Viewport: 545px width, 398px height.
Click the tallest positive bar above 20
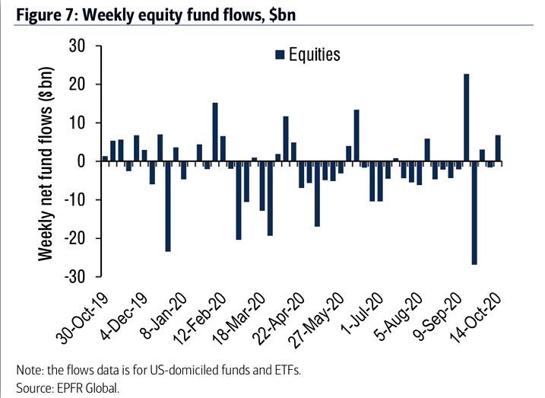point(467,117)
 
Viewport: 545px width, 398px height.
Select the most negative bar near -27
point(474,213)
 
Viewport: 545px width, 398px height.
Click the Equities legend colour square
point(279,54)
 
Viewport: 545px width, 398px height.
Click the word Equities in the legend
point(314,54)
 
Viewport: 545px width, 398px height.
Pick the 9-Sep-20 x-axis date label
point(439,312)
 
